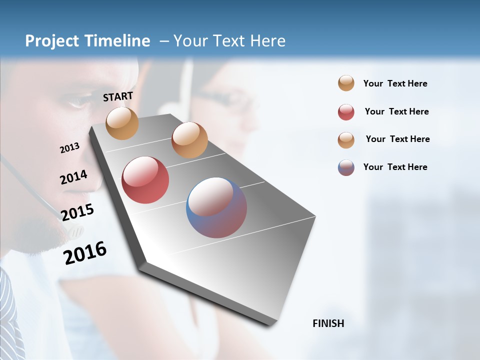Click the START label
coord(118,96)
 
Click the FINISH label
coord(328,323)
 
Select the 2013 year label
coord(70,148)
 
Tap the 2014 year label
coord(74,177)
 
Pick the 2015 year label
coord(77,212)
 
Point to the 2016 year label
coord(85,253)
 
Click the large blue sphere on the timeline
coord(216,207)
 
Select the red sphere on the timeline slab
coord(145,180)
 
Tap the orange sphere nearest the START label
coord(122,123)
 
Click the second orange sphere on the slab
coord(189,140)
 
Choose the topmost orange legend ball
coord(346,83)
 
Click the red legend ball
coord(346,112)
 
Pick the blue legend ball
coord(346,167)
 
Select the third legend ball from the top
coord(346,140)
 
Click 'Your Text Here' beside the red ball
coord(396,111)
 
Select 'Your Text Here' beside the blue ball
coord(395,167)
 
